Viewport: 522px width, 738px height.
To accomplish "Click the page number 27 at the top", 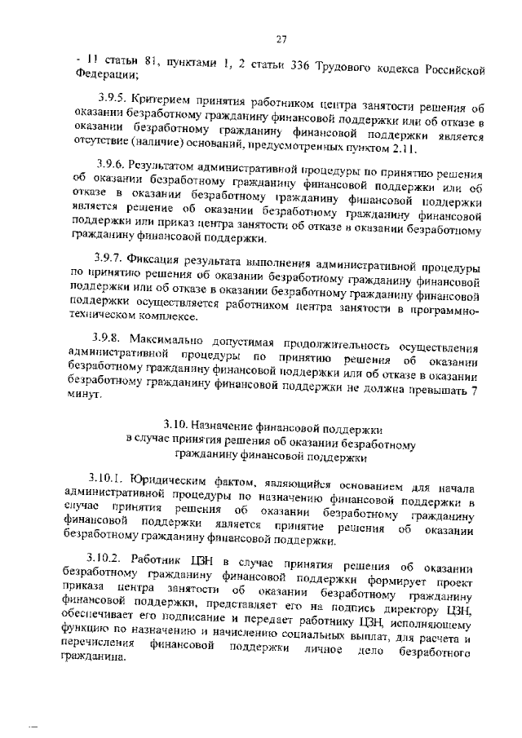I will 280,39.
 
